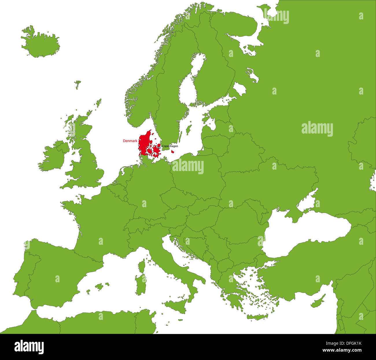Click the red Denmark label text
(x=130, y=141)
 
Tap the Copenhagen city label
(x=170, y=146)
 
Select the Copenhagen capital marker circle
(x=159, y=147)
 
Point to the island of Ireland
(x=52, y=157)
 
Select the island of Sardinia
(x=141, y=282)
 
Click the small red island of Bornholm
(x=172, y=151)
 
